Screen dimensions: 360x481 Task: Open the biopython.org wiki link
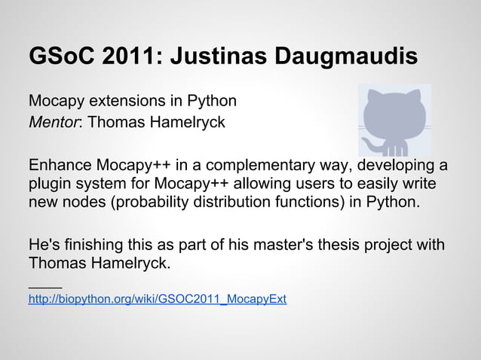[157, 300]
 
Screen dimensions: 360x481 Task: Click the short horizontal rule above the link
[44, 286]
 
